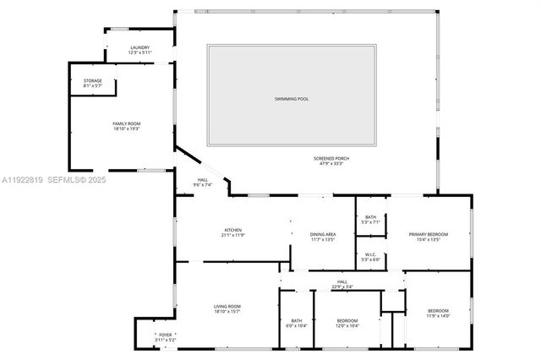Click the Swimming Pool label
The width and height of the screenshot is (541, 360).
(x=292, y=99)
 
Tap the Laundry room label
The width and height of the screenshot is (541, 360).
(x=139, y=48)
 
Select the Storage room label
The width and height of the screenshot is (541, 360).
(x=92, y=81)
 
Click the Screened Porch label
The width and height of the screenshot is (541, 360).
(x=331, y=158)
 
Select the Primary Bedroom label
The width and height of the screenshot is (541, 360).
(x=429, y=234)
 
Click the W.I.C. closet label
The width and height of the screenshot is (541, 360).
(x=370, y=255)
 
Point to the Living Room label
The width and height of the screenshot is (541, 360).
(x=227, y=306)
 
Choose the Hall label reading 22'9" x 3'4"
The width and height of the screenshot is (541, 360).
(x=342, y=282)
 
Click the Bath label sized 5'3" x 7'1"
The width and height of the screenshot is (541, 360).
(x=370, y=217)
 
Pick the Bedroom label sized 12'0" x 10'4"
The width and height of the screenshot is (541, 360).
(x=347, y=320)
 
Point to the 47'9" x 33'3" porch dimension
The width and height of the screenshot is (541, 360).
(x=331, y=163)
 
